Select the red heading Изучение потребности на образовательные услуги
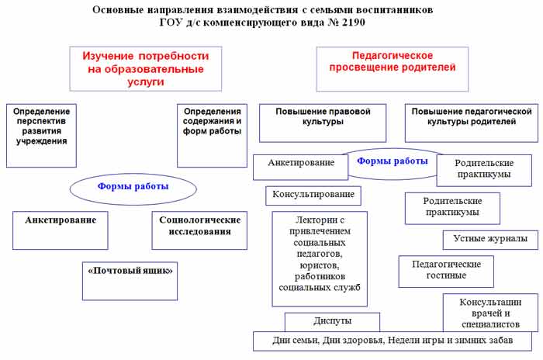pyautogui.click(x=144, y=68)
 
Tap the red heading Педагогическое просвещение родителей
pyautogui.click(x=393, y=61)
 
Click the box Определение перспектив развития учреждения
pyautogui.click(x=41, y=126)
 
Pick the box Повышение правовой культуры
pyautogui.click(x=323, y=116)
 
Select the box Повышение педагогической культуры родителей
pyautogui.click(x=471, y=116)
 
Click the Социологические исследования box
pyautogui.click(x=200, y=225)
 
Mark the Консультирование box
pyautogui.click(x=313, y=194)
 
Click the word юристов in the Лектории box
pyautogui.click(x=320, y=265)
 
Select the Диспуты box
pyautogui.click(x=332, y=320)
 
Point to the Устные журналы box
pyautogui.click(x=489, y=239)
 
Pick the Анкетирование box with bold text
pyautogui.click(x=60, y=220)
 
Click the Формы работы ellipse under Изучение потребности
pyautogui.click(x=133, y=187)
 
